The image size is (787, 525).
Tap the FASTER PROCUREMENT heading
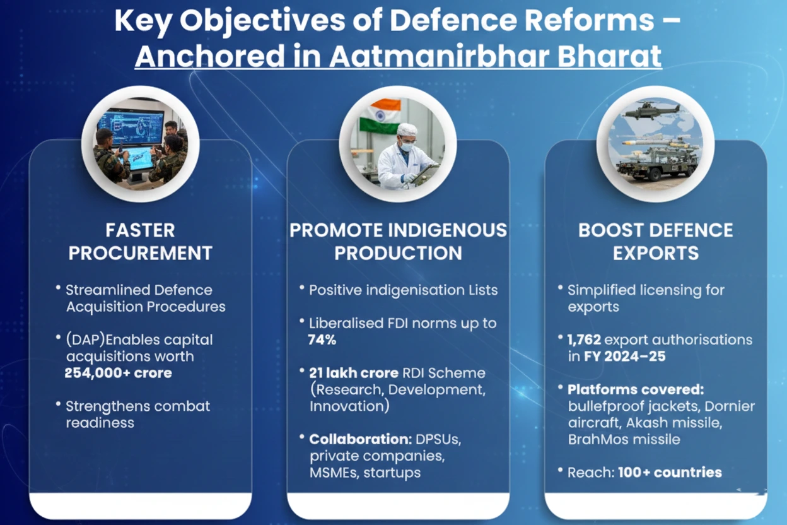coord(140,242)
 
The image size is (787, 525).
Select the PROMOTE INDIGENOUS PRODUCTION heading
coord(398,242)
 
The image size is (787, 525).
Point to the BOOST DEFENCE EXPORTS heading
coord(656,242)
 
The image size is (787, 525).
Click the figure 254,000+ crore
coord(119,373)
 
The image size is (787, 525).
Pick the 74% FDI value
coord(322,339)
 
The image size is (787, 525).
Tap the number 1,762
coord(585,339)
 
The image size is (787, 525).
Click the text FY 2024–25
coord(625,357)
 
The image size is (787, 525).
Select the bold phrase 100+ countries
coord(670,472)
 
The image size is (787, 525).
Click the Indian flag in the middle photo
coord(380,116)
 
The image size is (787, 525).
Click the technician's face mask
coord(407,145)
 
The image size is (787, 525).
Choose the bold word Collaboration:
coord(360,439)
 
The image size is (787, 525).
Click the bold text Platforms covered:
coord(636,389)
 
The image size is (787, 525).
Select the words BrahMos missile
coord(624,440)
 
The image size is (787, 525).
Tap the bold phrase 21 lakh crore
coord(354,373)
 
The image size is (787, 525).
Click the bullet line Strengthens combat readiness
coord(137,414)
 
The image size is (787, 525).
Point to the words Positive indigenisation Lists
coord(404,290)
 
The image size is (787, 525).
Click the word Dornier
coord(730,406)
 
